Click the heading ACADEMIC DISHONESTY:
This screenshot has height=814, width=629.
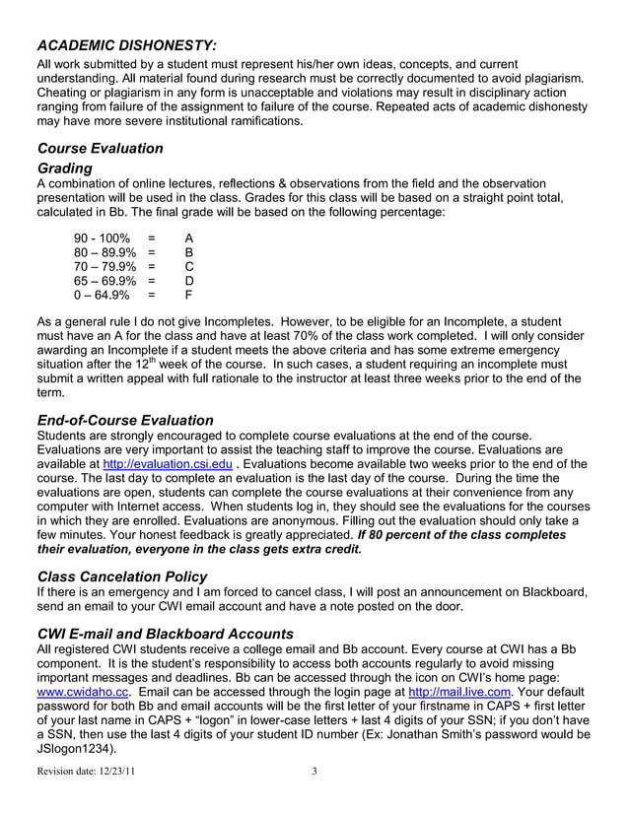click(x=127, y=45)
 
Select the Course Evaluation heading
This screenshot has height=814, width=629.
click(x=100, y=148)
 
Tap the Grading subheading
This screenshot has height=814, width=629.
click(x=64, y=168)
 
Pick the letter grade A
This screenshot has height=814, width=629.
click(x=189, y=239)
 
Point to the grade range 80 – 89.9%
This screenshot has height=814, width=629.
click(x=105, y=252)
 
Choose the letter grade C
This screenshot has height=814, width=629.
click(x=189, y=266)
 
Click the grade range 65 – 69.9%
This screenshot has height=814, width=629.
click(x=105, y=280)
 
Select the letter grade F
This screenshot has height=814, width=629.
click(x=189, y=294)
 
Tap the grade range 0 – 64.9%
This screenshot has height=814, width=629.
click(x=103, y=294)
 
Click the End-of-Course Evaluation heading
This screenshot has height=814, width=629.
click(x=124, y=420)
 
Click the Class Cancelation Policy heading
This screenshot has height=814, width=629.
click(x=122, y=576)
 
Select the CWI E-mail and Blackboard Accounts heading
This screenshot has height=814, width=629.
click(x=165, y=633)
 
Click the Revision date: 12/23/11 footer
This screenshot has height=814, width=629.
click(x=86, y=772)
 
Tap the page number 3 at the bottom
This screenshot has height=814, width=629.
click(x=314, y=772)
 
